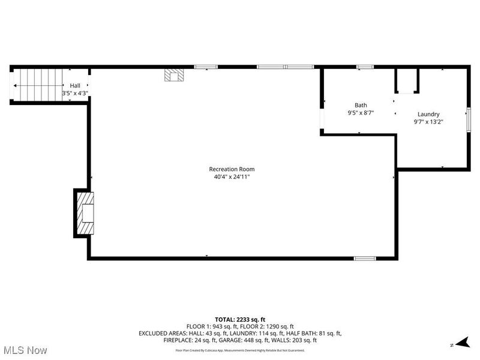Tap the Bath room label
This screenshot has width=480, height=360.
361,104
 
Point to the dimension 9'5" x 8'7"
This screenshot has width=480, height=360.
361,113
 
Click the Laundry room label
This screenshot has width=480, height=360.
428,114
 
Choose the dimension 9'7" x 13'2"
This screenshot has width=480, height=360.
428,122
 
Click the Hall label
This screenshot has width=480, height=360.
75,86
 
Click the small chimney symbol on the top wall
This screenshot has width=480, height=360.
175,74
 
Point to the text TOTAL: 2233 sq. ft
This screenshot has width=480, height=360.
240,319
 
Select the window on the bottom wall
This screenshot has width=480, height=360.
365,258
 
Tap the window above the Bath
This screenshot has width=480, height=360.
364,67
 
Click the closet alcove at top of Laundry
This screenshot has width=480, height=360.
406,81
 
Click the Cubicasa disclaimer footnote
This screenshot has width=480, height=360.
240,350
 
